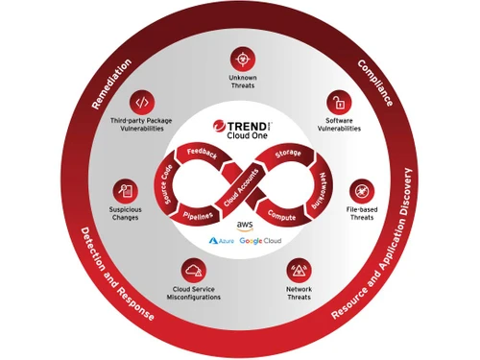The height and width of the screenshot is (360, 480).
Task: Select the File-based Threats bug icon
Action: pyautogui.click(x=362, y=189)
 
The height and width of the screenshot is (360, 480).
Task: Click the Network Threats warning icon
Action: pyautogui.click(x=299, y=270)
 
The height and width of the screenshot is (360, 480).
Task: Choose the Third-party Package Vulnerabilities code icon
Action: pyautogui.click(x=142, y=102)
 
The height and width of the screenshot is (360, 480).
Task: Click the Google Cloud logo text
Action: pyautogui.click(x=259, y=240)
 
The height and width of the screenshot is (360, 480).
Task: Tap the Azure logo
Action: pyautogui.click(x=222, y=240)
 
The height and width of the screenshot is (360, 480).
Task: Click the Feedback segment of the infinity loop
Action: pyautogui.click(x=202, y=153)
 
